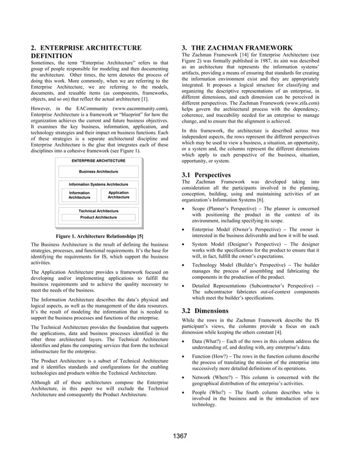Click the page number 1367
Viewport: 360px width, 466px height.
point(180,436)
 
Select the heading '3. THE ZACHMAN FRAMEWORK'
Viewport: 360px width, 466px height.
point(237,47)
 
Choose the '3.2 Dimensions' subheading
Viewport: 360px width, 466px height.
point(205,310)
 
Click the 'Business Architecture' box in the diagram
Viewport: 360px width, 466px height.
point(98,172)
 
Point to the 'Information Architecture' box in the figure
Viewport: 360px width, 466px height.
point(79,195)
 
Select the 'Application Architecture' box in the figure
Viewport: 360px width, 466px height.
point(118,195)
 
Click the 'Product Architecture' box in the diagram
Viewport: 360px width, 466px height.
point(98,217)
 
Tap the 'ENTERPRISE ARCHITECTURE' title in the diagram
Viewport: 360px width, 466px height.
point(98,161)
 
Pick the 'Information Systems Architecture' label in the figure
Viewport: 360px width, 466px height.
point(98,184)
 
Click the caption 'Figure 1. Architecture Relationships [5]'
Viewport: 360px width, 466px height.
point(99,235)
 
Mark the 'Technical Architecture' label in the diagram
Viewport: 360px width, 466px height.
point(98,210)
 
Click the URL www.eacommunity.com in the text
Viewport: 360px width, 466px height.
point(138,107)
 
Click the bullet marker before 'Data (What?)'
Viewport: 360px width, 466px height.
point(186,341)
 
